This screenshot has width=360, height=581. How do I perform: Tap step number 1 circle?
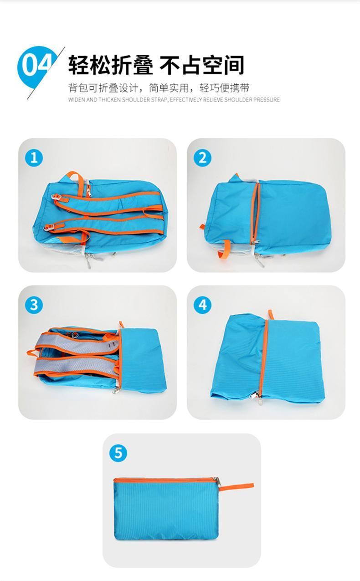pyautogui.click(x=34, y=158)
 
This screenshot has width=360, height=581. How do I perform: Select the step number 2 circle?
pyautogui.click(x=202, y=158)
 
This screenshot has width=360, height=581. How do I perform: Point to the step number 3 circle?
pyautogui.click(x=34, y=305)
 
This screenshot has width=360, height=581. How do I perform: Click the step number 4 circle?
pyautogui.click(x=202, y=305)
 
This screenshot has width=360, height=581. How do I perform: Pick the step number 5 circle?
pyautogui.click(x=118, y=453)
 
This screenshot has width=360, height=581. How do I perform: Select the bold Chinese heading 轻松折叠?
pyautogui.click(x=111, y=65)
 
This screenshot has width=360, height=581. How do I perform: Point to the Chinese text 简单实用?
pyautogui.click(x=169, y=88)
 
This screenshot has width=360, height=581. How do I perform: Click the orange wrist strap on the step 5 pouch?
pyautogui.click(x=236, y=486)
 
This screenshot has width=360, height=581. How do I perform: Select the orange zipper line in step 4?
pyautogui.click(x=264, y=358)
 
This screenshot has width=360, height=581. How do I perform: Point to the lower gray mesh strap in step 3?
pyautogui.click(x=75, y=365)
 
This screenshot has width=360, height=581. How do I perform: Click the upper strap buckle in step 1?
pyautogui.click(x=57, y=197)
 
